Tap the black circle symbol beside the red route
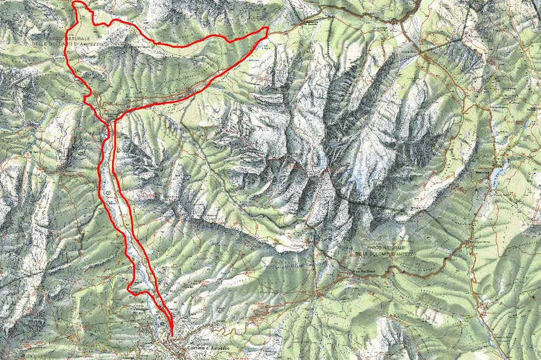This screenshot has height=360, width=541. [x=108, y=194]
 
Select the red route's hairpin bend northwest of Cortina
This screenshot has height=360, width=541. [x=129, y=288]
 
